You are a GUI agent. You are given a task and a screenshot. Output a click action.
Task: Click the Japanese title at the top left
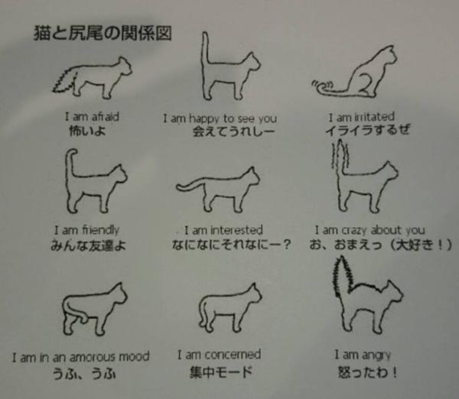103,33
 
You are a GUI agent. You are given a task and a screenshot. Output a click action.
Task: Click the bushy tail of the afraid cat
65,79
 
